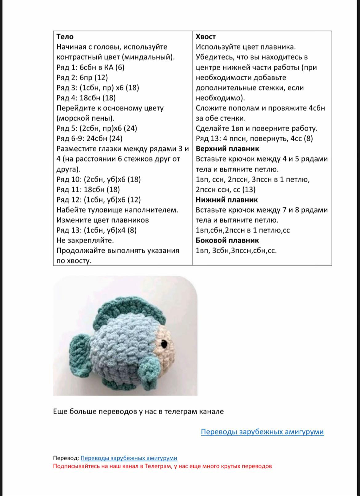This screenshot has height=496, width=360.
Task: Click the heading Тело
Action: [65, 37]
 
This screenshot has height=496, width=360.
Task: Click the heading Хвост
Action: [206, 37]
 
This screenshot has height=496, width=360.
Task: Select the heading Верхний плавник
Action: [227, 149]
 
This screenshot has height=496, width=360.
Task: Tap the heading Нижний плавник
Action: [226, 200]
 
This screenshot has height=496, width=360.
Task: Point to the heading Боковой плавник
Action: [227, 240]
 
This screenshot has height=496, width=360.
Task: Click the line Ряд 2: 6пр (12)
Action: [82, 78]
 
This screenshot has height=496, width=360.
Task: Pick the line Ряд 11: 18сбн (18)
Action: [88, 190]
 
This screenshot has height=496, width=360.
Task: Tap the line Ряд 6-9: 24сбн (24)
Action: [89, 138]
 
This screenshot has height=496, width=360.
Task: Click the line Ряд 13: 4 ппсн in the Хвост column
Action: [254, 138]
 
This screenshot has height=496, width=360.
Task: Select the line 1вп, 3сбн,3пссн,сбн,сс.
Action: [236, 250]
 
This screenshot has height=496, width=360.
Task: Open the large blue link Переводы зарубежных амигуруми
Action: [262, 432]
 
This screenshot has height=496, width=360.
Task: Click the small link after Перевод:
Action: [129, 458]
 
